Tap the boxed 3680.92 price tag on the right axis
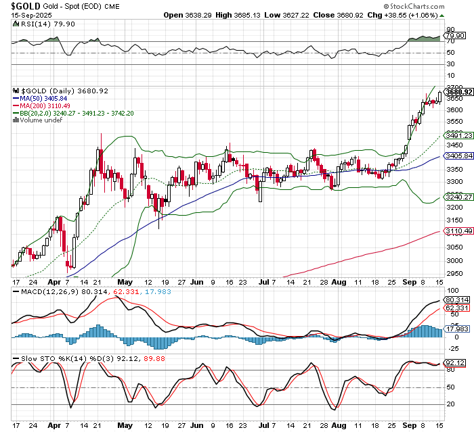pos(458,92)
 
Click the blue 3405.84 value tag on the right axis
pos(458,155)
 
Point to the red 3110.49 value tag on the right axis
pos(458,231)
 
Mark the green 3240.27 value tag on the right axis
pos(458,197)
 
